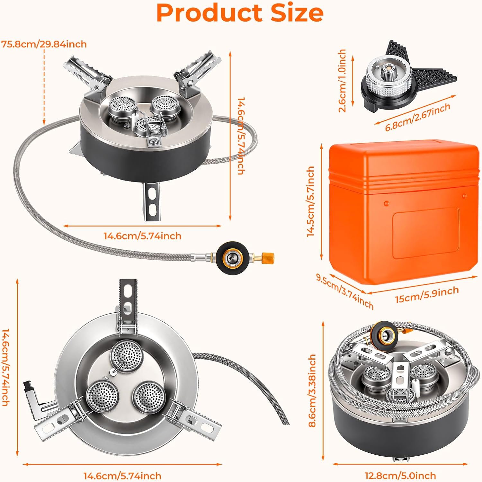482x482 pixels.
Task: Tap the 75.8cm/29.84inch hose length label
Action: point(44,44)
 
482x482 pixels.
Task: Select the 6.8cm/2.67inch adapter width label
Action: point(418,117)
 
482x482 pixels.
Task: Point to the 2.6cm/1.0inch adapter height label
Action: point(342,80)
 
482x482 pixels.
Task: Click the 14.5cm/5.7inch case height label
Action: point(310,201)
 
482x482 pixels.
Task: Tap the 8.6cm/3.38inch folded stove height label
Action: point(312,390)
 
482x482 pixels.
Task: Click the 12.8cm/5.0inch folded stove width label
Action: point(400,476)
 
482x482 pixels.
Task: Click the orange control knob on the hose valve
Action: point(267,257)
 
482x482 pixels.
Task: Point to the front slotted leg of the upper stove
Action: point(152,201)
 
